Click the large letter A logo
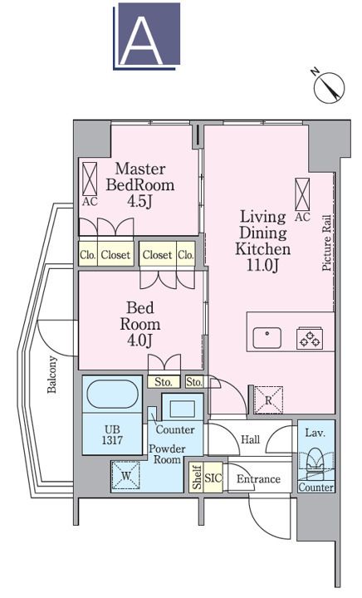[147, 37]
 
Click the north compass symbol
[328, 86]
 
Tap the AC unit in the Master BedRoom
[90, 179]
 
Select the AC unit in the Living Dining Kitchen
[302, 194]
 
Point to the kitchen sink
[267, 337]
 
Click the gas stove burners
[310, 338]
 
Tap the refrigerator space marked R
[269, 400]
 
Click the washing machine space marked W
[125, 475]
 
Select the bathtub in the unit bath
[112, 395]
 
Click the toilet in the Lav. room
[316, 463]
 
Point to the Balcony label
[52, 375]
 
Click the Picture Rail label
[327, 243]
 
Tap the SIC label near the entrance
[213, 478]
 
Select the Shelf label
[197, 477]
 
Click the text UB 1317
[112, 434]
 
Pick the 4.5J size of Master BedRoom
[139, 201]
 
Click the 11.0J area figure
[262, 265]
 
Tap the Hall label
[251, 439]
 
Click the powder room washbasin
[183, 409]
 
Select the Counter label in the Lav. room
[316, 487]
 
